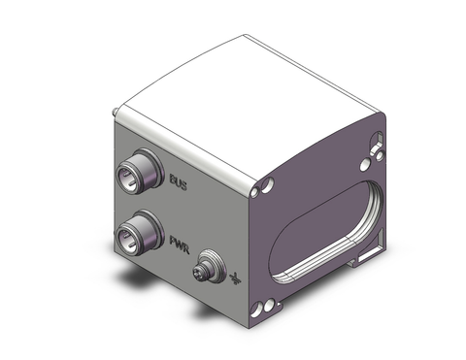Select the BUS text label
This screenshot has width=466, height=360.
179,181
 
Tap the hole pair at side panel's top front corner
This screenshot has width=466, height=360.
267,185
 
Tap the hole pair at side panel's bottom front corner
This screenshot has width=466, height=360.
262,309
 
